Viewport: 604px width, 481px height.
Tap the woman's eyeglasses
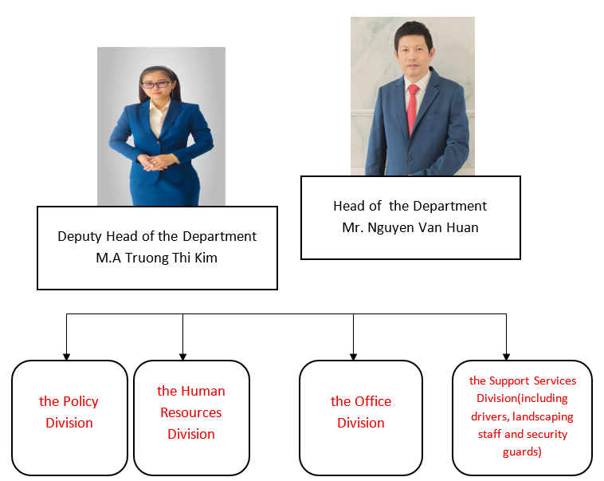coord(156,85)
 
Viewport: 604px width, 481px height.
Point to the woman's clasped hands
coord(153,162)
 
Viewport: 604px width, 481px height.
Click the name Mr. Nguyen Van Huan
coord(410,228)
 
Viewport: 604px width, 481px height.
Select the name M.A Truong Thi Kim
coord(157,258)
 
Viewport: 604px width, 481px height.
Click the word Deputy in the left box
coord(80,236)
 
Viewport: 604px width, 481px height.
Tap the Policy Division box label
coord(69,412)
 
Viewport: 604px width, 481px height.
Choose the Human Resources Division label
coord(191,412)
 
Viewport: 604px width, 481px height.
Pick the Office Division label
coord(361,412)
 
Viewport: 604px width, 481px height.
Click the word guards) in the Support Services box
coord(522,451)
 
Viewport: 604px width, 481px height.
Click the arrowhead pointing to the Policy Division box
coord(67,357)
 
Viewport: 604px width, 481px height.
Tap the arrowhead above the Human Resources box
coord(183,357)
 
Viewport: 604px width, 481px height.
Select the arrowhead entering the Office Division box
coord(353,357)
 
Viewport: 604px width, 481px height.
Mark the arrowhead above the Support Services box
coord(506,357)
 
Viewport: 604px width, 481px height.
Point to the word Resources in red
coord(191,412)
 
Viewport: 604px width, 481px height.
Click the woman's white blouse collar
coord(159,110)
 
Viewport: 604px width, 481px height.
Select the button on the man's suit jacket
coord(409,158)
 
